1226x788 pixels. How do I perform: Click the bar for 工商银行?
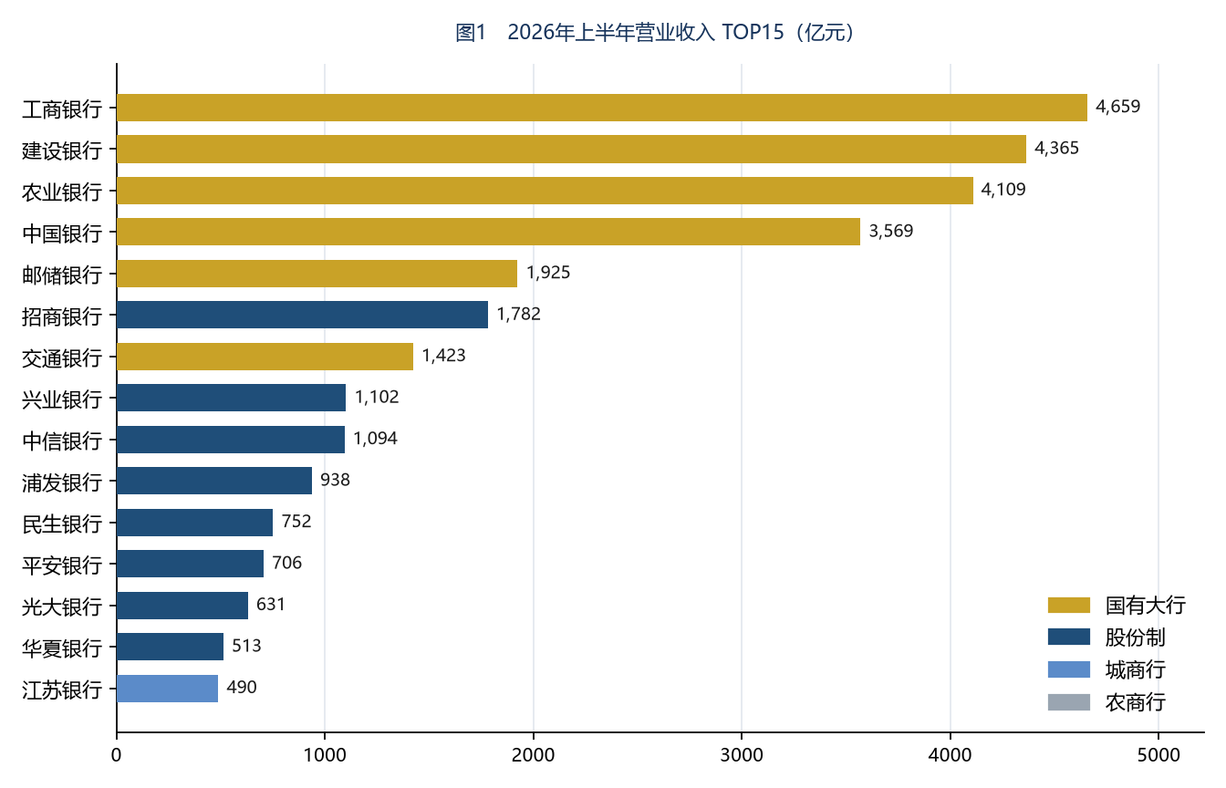click(x=601, y=108)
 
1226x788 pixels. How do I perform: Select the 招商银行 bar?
click(x=302, y=315)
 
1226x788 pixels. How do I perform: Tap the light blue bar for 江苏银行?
click(x=168, y=689)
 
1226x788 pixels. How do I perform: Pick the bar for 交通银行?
click(x=265, y=357)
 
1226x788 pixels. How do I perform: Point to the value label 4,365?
click(x=1056, y=149)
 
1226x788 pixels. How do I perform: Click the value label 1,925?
click(x=548, y=273)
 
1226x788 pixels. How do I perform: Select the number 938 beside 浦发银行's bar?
click(x=335, y=480)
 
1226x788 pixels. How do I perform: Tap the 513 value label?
click(x=246, y=646)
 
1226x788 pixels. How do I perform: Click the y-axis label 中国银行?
click(x=62, y=233)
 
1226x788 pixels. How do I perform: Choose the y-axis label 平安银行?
click(x=62, y=565)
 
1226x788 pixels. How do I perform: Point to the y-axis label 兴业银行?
click(x=62, y=399)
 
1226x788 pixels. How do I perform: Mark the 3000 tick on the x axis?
click(x=742, y=755)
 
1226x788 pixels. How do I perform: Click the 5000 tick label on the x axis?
click(x=1158, y=755)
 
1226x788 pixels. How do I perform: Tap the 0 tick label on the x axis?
click(x=116, y=755)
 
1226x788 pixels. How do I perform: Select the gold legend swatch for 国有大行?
click(x=1069, y=606)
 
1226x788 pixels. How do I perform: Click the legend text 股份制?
click(x=1135, y=638)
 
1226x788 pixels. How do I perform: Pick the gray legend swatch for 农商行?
click(x=1069, y=702)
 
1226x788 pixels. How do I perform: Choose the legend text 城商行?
click(x=1135, y=669)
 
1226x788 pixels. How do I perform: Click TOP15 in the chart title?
click(x=753, y=33)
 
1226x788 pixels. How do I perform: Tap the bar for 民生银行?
click(x=195, y=523)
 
